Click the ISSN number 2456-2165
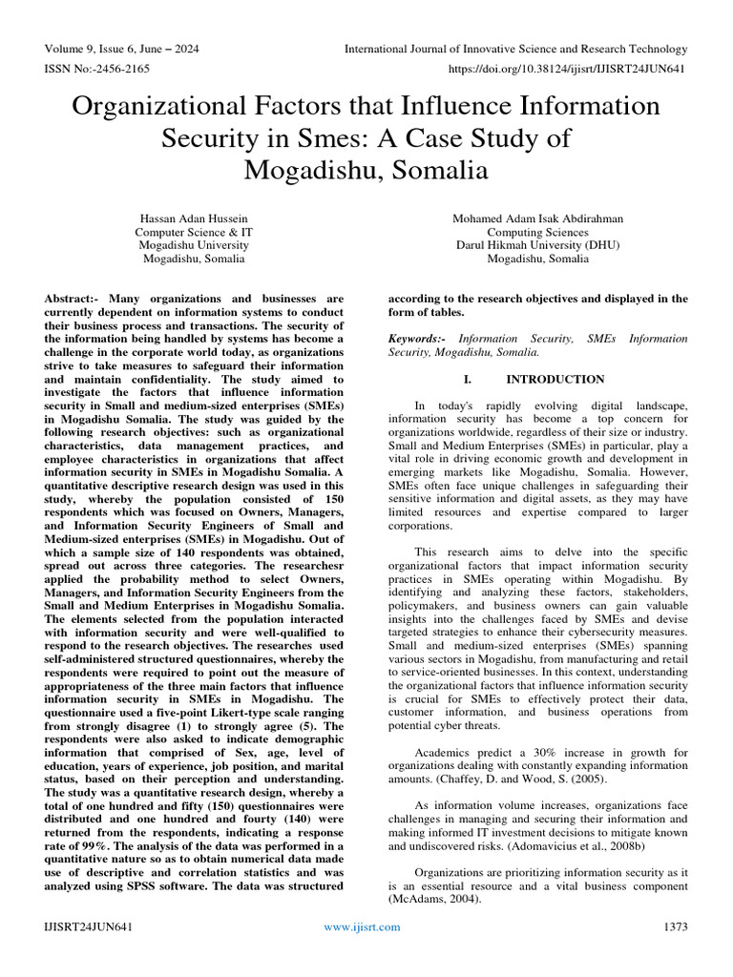108,69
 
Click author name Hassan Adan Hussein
194,219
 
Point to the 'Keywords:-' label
418,339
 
